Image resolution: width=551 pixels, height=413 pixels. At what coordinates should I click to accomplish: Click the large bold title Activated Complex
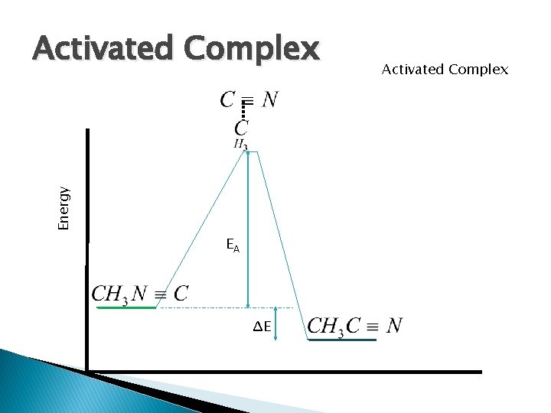175,50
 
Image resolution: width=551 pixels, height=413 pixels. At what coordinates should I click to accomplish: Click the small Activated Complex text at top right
444,70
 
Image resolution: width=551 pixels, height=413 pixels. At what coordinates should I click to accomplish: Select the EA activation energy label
233,246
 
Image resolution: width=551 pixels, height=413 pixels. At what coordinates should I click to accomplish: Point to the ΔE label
262,327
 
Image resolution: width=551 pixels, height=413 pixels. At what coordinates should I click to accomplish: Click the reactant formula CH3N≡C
140,294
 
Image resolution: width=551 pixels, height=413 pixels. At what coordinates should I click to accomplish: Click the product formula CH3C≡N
354,327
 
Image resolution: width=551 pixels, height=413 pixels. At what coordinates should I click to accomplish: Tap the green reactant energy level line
126,307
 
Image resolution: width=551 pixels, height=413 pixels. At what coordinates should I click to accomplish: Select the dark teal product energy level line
342,340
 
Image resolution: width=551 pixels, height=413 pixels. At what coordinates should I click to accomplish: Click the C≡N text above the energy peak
249,99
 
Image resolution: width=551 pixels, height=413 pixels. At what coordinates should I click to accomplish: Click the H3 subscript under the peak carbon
240,144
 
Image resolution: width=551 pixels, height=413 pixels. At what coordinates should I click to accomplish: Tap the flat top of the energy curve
253,151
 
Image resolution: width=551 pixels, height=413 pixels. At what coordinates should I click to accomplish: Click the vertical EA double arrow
248,229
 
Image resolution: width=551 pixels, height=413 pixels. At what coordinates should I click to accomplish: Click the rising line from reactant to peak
201,229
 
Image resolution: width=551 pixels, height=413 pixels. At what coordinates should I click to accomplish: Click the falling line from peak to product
283,245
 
